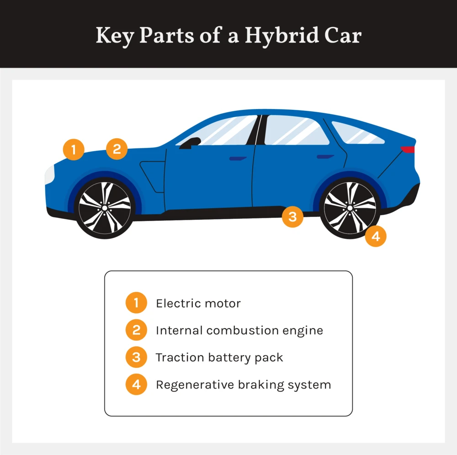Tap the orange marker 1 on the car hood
(x=74, y=149)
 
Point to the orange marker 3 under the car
(x=292, y=217)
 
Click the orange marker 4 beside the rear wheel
(x=376, y=236)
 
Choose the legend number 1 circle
(x=136, y=303)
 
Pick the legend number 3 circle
(x=136, y=357)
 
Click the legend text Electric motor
(x=198, y=303)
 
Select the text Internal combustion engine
(x=239, y=330)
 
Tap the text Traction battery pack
(x=219, y=357)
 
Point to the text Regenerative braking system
(x=243, y=385)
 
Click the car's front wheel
(x=105, y=208)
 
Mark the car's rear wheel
(x=350, y=208)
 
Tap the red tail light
(x=408, y=149)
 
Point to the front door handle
(x=238, y=158)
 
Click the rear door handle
(x=325, y=157)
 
